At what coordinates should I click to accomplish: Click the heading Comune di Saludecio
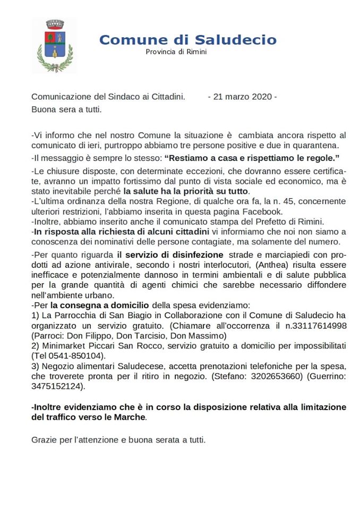tap(187, 40)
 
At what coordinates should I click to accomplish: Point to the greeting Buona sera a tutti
tap(66, 109)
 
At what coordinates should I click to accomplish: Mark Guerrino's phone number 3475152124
tap(57, 386)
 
